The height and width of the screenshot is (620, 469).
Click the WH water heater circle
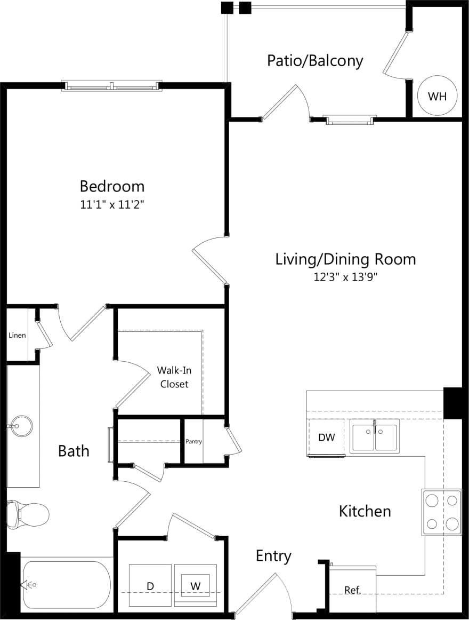pyautogui.click(x=437, y=97)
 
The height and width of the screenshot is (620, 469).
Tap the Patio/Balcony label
pyautogui.click(x=314, y=60)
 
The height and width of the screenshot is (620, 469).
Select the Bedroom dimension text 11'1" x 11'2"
pyautogui.click(x=112, y=204)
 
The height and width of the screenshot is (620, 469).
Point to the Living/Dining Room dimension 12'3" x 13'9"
pyautogui.click(x=345, y=277)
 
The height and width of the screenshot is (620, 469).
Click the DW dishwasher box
pyautogui.click(x=327, y=437)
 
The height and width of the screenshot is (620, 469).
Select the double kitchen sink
pyautogui.click(x=375, y=435)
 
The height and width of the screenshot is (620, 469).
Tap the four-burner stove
pyautogui.click(x=442, y=512)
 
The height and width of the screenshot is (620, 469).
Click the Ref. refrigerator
pyautogui.click(x=352, y=590)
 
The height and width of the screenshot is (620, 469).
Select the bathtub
pyautogui.click(x=66, y=585)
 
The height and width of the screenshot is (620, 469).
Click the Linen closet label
pyautogui.click(x=17, y=336)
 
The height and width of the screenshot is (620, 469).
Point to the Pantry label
pyautogui.click(x=193, y=441)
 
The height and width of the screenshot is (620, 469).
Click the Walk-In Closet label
pyautogui.click(x=174, y=377)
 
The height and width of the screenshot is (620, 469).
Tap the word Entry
pyautogui.click(x=273, y=556)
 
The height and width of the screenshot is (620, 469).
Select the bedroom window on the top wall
pyautogui.click(x=111, y=85)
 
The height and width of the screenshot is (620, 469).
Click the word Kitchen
pyautogui.click(x=365, y=511)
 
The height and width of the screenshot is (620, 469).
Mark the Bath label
pyautogui.click(x=74, y=451)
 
